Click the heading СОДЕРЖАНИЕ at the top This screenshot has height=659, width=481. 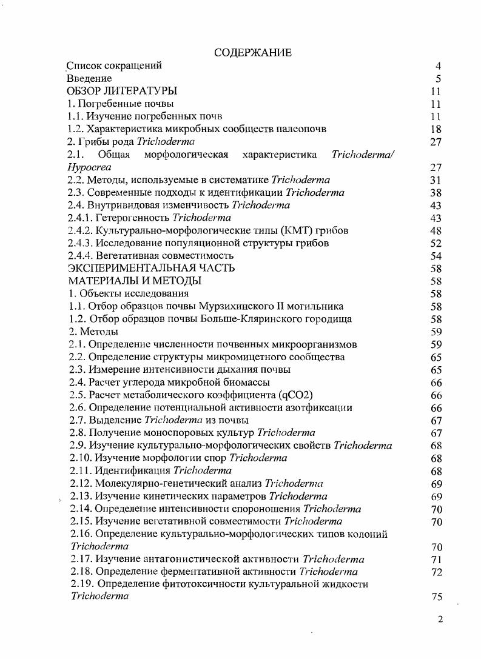(253, 53)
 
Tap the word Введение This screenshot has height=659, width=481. (89, 78)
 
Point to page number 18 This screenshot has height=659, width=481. (436, 129)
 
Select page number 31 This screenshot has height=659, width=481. (436, 180)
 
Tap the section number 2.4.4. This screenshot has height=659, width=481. (81, 256)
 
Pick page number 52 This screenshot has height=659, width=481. (436, 243)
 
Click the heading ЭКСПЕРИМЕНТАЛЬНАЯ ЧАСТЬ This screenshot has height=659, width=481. (152, 268)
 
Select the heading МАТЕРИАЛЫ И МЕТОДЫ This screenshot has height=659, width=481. (135, 281)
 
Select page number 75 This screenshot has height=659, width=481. (436, 597)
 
